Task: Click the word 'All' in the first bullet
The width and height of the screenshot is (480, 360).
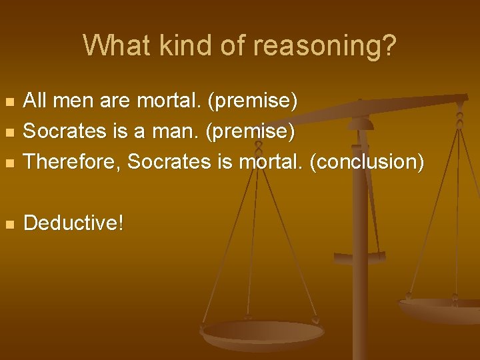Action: click(35, 101)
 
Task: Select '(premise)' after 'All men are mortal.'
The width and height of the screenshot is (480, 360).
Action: click(252, 101)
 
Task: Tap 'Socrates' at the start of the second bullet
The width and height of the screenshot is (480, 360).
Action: click(66, 131)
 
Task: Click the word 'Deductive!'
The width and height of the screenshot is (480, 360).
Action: click(73, 223)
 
